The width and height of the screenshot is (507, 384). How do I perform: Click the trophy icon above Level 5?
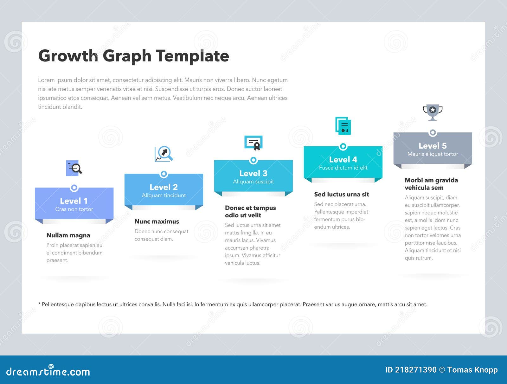433,112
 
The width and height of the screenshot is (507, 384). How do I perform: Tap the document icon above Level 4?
343,126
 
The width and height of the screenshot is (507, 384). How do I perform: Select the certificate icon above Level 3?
253,143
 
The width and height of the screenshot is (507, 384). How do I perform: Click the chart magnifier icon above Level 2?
164,154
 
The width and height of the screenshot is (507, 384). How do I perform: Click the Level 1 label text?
74,201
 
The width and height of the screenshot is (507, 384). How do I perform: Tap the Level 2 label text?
164,187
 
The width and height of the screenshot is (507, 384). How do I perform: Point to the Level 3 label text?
253,173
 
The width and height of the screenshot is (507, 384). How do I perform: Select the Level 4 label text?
343,159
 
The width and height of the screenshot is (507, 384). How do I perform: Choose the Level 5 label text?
433,146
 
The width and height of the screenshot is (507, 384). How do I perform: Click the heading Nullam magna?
68,235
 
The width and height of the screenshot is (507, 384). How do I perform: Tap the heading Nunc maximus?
157,221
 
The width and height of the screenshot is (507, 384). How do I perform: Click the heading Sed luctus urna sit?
342,194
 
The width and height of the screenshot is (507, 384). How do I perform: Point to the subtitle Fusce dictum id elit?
343,168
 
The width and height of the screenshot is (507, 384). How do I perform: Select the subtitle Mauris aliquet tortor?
433,154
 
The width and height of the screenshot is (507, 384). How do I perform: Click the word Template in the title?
192,56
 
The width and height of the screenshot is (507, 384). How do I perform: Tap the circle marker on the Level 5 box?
433,133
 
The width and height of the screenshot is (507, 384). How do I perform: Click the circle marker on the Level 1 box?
74,188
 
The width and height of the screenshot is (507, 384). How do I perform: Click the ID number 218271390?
416,370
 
